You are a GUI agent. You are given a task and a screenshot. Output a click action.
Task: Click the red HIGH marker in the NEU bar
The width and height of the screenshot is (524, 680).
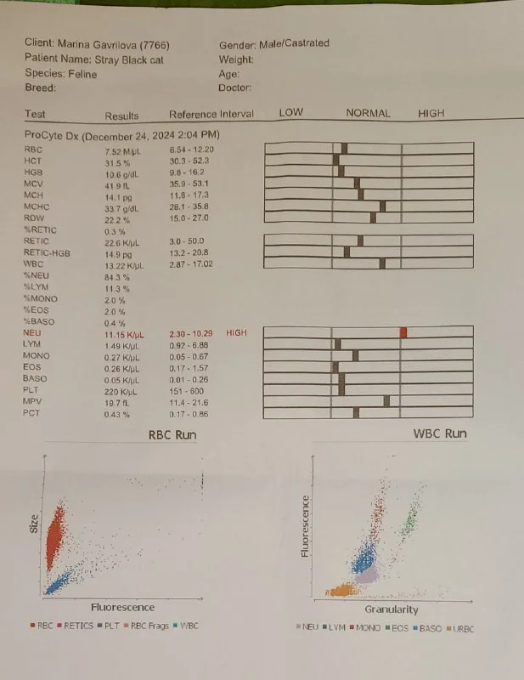coord(403,331)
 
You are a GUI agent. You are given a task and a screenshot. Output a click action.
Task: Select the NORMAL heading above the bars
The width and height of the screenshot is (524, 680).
coord(368,113)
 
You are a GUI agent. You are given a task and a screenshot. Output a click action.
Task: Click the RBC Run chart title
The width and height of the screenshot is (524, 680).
coord(173,435)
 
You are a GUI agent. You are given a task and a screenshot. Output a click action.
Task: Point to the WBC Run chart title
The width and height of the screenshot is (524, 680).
coord(440,433)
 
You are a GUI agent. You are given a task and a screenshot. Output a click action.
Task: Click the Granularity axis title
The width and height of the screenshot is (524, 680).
coord(392,609)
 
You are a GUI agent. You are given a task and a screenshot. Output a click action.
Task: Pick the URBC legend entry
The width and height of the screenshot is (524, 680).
coord(460,629)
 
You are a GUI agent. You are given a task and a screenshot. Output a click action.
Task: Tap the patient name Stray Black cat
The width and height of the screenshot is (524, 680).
coord(128,59)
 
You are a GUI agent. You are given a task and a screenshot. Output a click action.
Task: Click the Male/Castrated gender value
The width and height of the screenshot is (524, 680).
coord(298,43)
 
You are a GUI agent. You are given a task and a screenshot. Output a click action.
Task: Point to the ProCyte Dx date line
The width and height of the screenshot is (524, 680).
coord(121,135)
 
